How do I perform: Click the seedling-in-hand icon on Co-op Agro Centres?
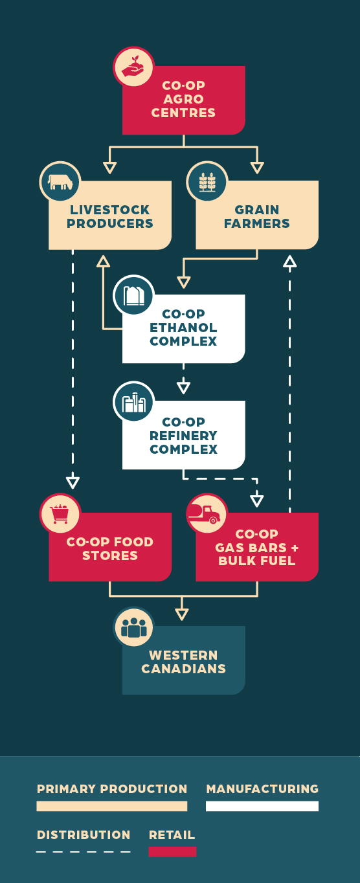133,67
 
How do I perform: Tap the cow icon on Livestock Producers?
60,182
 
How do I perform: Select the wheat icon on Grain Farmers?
207,182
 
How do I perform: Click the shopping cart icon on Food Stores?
60,514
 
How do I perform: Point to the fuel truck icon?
204,514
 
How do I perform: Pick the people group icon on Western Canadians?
133,627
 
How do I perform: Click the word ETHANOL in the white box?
183,328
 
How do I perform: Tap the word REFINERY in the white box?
183,436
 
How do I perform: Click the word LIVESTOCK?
110,210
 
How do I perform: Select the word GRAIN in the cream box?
256,210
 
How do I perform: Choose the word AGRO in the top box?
183,99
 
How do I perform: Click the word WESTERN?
183,655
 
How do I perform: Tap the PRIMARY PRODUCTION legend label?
112,788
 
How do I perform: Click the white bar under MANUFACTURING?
262,806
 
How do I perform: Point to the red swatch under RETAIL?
172,852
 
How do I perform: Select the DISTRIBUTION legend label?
84,835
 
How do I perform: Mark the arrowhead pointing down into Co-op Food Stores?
73,482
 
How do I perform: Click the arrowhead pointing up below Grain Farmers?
290,261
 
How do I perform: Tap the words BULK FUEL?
256,561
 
